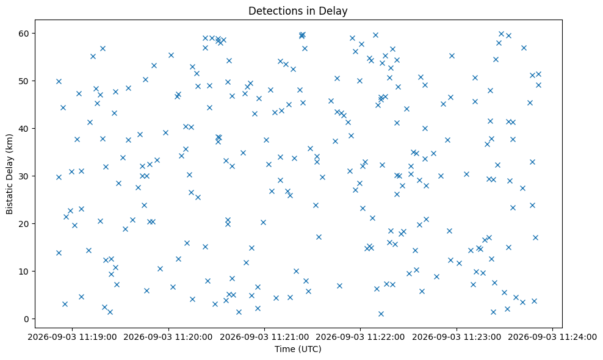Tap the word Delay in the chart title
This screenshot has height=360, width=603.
coord(336,11)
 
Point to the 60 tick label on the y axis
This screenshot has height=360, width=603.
coord(24,34)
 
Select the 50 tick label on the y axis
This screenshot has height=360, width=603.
coord(24,81)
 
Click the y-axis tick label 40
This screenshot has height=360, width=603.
coord(24,129)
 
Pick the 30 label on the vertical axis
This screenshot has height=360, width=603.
coord(24,176)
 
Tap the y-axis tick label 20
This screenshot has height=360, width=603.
coord(24,224)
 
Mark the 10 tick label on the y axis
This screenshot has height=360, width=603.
coord(24,272)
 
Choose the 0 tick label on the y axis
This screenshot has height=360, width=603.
coord(26,319)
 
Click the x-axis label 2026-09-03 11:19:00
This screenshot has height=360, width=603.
coord(72,337)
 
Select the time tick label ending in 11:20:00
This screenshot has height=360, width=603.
coord(168,337)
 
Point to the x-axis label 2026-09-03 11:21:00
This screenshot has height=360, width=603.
coord(265,337)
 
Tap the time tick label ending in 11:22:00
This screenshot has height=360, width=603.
coord(361,337)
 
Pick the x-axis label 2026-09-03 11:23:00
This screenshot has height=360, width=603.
coord(457,337)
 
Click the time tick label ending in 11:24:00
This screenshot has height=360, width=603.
coord(552,337)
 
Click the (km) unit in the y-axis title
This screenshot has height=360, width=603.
coord(10,142)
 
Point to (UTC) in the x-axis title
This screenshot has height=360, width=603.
coord(309,349)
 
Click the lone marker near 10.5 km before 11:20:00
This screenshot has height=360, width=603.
coord(161,269)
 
